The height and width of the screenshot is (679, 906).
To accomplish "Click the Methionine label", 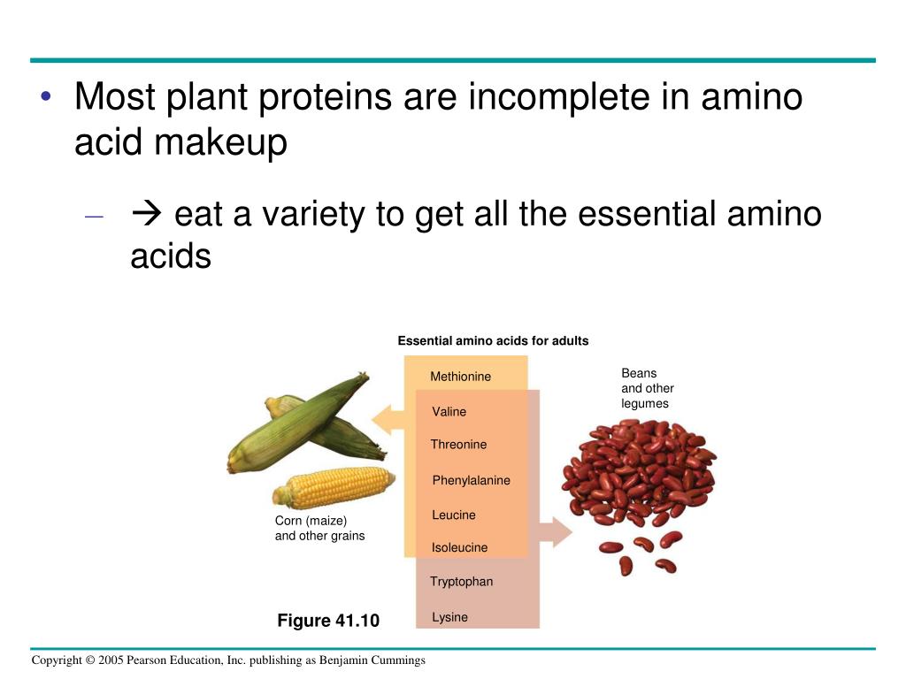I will point(460,377).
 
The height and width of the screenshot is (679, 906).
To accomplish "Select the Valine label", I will point(449,412).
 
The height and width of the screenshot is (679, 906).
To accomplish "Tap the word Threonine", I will point(458,445).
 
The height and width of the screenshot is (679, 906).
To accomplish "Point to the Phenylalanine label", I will point(471,480).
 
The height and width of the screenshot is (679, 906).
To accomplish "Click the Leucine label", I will point(454,515).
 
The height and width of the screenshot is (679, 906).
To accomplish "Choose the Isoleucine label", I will point(459,547).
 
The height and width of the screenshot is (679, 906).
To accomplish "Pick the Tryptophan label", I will point(461,582).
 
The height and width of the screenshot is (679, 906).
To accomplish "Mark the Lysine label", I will point(449,617).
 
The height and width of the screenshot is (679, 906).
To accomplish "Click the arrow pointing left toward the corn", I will point(387,418).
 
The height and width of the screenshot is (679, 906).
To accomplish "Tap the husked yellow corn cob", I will point(334,487).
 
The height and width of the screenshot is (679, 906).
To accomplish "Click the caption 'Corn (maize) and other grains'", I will point(319,528).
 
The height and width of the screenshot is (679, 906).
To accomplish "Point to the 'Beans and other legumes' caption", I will point(647,388).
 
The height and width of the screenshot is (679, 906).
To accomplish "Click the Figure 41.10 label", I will point(328,621).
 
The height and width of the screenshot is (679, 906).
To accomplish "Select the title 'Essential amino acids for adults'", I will point(493,341).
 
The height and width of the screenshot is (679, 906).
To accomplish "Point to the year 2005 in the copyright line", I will point(110,660).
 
